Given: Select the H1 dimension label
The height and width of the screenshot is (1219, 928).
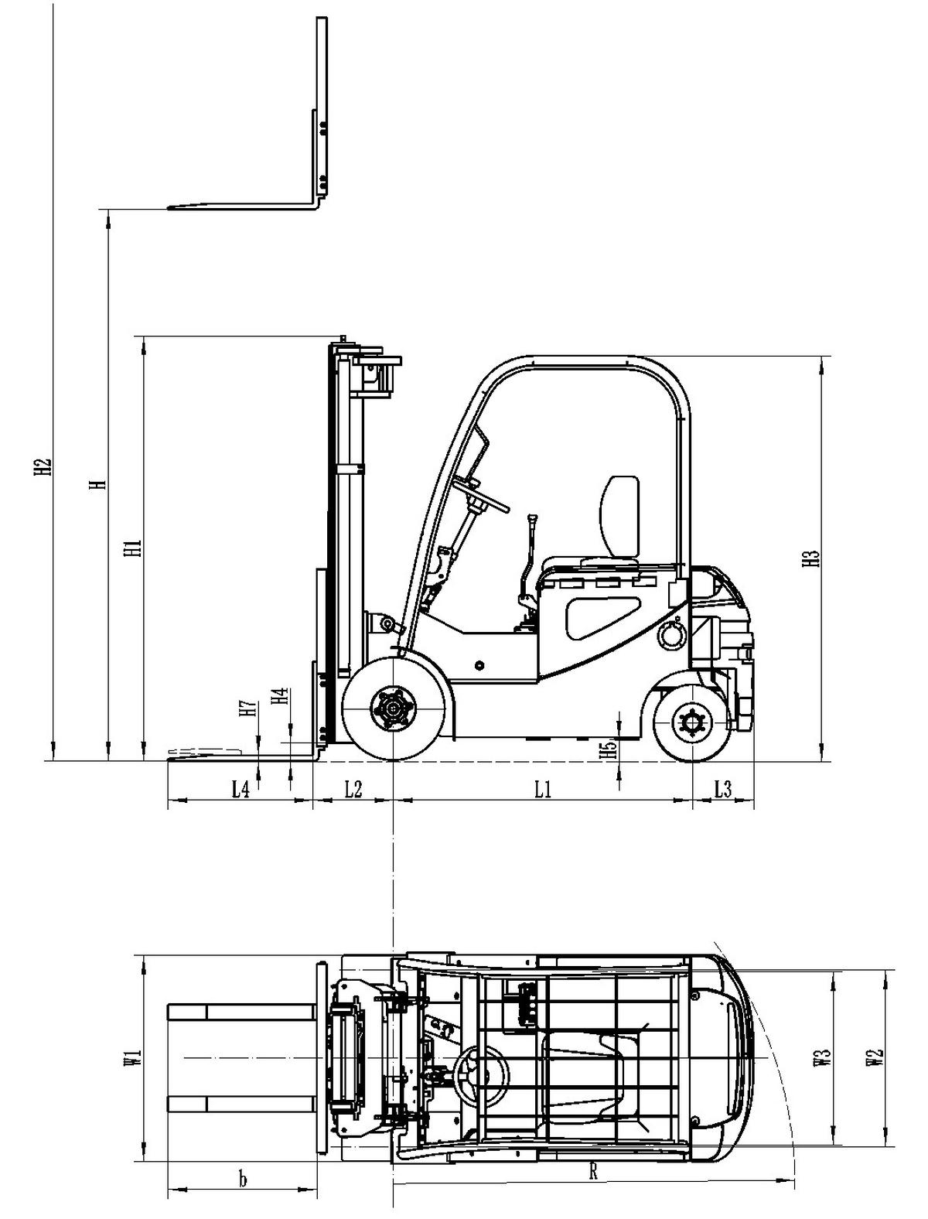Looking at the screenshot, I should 135,548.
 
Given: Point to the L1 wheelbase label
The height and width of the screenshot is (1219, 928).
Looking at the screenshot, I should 543,789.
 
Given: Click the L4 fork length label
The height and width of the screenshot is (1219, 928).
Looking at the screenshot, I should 241,789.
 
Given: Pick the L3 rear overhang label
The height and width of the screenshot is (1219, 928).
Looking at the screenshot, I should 722,789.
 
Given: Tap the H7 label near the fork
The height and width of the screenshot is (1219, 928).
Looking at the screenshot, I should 247,709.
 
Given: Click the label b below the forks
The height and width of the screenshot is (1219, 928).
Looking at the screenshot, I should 242,1180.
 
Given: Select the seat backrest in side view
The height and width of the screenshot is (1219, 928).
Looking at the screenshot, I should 620,517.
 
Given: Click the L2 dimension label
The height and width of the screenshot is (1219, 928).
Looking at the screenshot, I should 353,789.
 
